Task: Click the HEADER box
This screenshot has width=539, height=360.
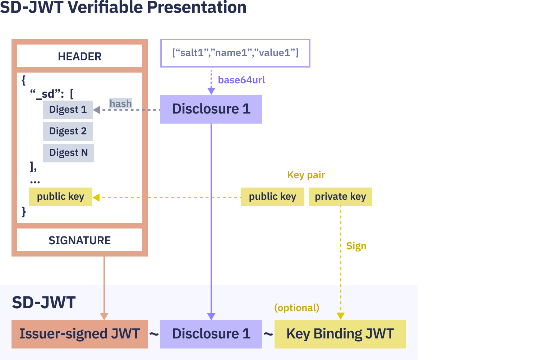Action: point(80,56)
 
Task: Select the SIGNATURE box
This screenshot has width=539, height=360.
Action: point(80,240)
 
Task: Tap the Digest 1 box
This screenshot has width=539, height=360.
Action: point(68,110)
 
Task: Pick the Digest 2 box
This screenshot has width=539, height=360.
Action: point(68,131)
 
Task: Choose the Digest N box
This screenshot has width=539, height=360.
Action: point(68,153)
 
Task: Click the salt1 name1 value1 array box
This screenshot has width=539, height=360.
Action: point(235,53)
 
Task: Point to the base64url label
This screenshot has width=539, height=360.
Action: point(241,80)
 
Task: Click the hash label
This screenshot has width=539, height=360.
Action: point(121,103)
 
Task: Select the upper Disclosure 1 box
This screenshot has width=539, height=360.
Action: point(211,109)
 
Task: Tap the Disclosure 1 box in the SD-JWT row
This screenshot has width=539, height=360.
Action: point(211,334)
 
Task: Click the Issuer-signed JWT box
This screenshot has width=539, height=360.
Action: point(80,334)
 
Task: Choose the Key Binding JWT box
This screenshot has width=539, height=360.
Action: point(340,334)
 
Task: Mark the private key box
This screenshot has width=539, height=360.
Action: point(340,197)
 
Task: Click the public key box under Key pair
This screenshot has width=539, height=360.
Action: point(272,197)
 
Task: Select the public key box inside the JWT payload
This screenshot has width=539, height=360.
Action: point(60,197)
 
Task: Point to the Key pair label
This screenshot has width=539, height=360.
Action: point(306,175)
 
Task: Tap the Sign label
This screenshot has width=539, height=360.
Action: point(356,246)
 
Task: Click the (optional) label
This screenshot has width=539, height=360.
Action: point(297,308)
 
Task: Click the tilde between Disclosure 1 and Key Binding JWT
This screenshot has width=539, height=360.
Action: point(268,334)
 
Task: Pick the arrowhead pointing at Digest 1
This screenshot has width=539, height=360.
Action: point(97,110)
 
